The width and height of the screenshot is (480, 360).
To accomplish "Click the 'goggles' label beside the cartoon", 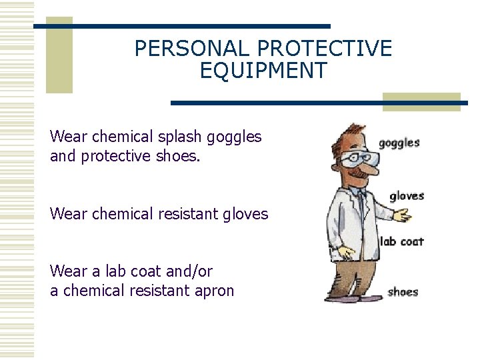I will point(399,143).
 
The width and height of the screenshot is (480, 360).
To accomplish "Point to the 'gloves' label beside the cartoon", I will point(407,195).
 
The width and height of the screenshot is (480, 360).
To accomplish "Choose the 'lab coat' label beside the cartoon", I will point(401,241).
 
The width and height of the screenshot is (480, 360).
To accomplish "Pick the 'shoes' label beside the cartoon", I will point(403,292).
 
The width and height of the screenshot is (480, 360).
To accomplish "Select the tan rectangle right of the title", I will point(421,101).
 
